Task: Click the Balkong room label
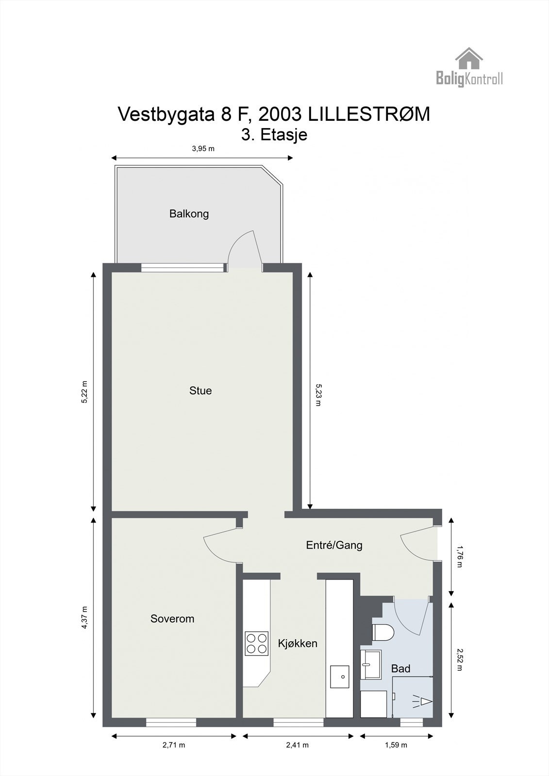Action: point(189,214)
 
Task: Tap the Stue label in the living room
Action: point(200,391)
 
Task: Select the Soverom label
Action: point(172,619)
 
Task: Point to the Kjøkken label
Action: point(298,643)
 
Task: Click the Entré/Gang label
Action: point(334,545)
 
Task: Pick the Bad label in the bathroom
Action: point(400,669)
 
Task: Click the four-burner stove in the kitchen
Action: point(257,643)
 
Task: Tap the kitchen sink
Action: point(339,676)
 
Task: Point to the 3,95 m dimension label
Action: point(203,149)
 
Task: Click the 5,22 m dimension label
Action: point(85,392)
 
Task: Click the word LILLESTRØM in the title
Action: point(368,114)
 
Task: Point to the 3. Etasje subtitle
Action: point(274,135)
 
